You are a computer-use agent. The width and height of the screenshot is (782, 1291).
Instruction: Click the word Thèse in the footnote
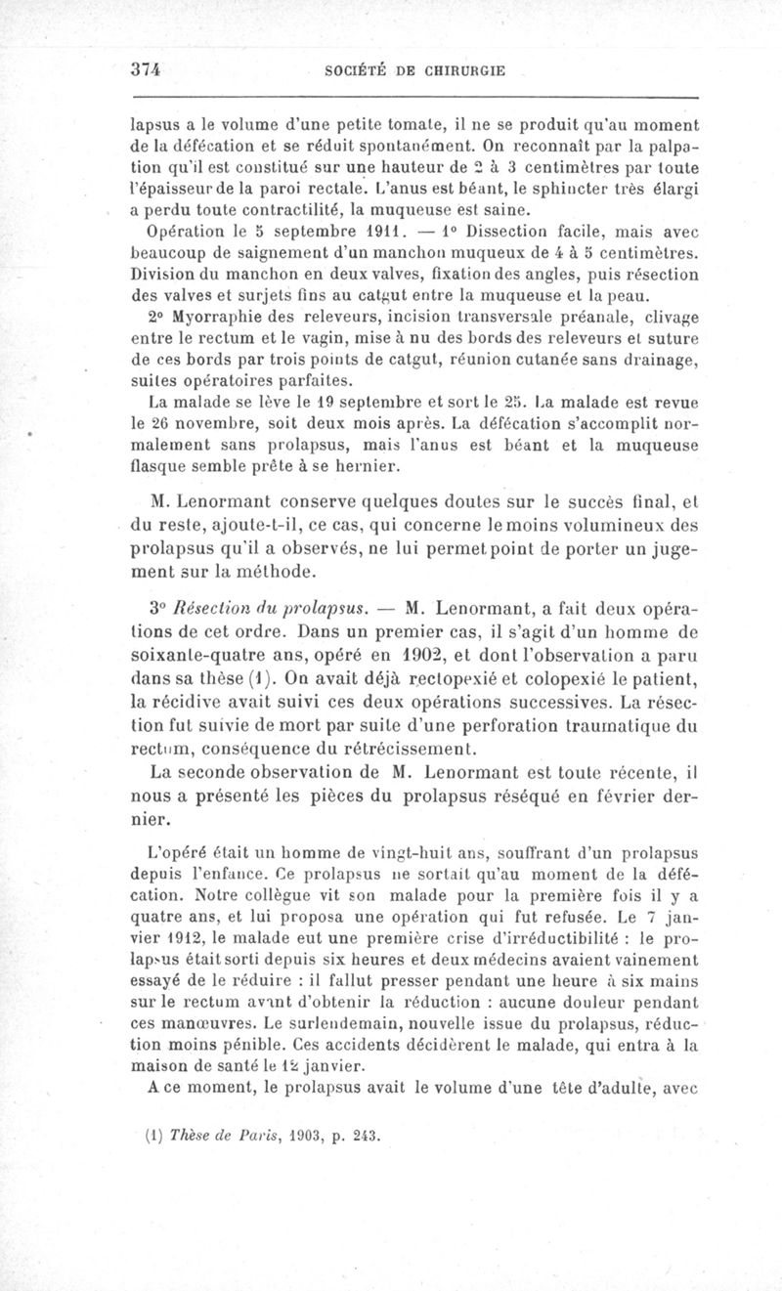pos(192,1138)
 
